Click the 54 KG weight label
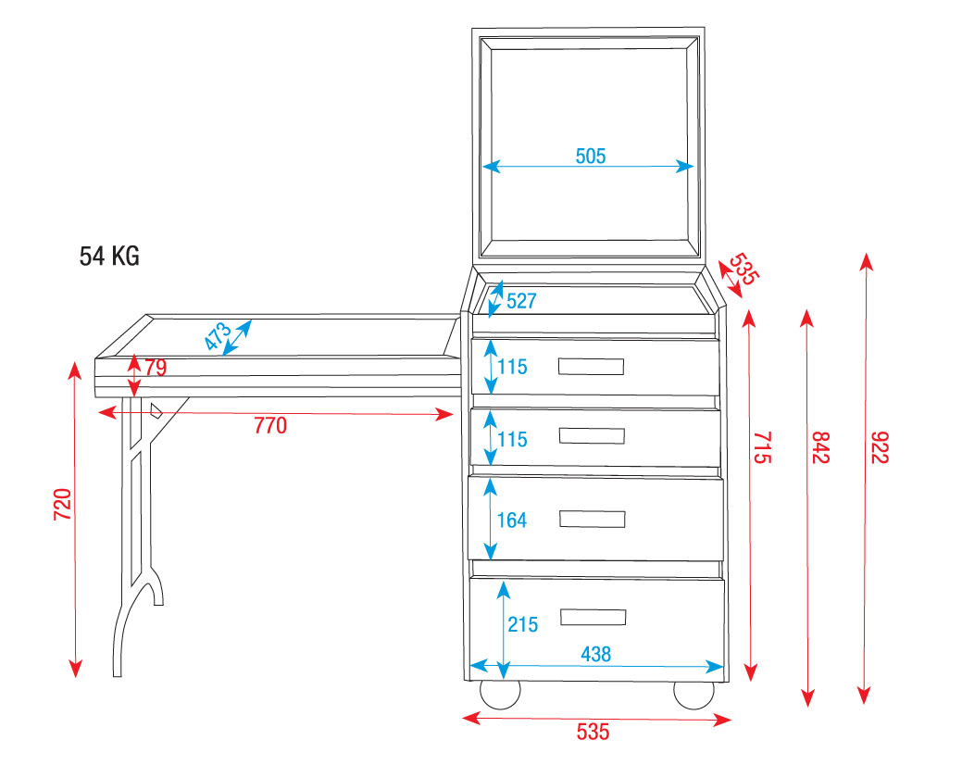109,256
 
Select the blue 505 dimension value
590,157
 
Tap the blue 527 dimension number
521,301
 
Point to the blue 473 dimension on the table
218,336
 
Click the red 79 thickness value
156,368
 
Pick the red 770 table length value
270,426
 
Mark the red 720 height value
63,505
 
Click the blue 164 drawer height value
512,520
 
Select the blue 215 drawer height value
523,624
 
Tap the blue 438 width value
595,654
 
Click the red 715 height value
761,447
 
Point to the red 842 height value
821,447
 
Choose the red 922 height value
880,447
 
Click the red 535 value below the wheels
593,732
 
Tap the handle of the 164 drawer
592,519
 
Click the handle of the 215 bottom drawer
593,617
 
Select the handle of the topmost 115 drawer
591,367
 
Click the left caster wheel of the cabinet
500,694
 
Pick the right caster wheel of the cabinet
693,694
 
